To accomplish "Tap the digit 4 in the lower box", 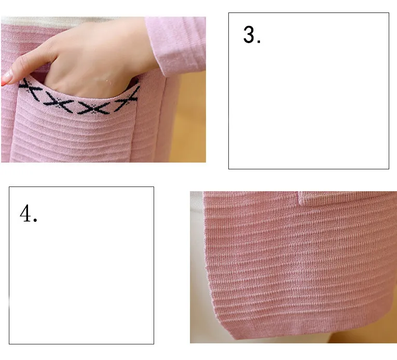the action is [x=25, y=214].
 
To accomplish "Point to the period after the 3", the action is [x=258, y=42].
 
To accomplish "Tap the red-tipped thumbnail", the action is [x=7, y=77].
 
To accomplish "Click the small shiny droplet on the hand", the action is [x=107, y=81].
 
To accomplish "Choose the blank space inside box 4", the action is [x=81, y=274].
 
